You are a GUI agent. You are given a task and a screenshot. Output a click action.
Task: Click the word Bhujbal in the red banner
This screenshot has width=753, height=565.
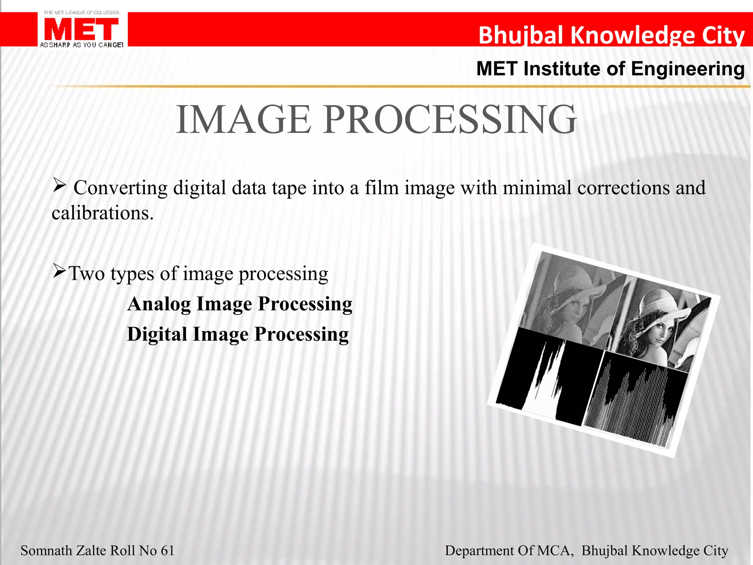tap(521, 35)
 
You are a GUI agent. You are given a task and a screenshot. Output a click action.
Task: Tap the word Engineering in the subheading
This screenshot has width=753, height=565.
tap(688, 69)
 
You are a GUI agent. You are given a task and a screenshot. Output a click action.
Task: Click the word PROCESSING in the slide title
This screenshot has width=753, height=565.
tap(450, 120)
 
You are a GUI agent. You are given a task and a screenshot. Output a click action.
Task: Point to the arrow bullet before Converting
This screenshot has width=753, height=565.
tap(59, 185)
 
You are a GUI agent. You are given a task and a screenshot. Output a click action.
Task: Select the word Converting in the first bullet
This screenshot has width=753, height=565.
tap(121, 188)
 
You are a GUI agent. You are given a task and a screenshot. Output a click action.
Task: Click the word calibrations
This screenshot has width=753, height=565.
tap(102, 213)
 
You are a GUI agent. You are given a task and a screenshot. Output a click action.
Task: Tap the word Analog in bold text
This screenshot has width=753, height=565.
tap(159, 304)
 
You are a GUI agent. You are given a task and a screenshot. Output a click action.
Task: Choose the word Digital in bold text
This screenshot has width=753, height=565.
tap(157, 335)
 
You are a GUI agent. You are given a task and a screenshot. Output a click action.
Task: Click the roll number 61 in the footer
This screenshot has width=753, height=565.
tap(167, 551)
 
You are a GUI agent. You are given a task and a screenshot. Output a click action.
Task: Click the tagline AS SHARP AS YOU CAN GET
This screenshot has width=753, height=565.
tap(81, 45)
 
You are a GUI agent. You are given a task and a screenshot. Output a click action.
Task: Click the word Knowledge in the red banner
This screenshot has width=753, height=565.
tap(633, 35)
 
